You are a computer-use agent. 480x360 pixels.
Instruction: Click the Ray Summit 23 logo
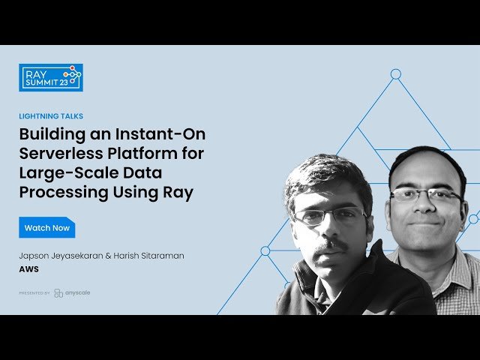click(x=50, y=77)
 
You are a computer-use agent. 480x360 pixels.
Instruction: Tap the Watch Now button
click(x=47, y=227)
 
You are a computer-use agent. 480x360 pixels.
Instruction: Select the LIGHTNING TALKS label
click(x=51, y=116)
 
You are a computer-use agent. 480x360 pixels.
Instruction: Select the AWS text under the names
click(x=29, y=268)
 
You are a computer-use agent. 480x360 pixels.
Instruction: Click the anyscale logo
click(x=72, y=292)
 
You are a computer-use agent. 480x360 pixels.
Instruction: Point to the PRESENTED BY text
click(x=34, y=293)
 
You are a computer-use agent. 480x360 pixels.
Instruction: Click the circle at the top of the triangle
click(x=396, y=73)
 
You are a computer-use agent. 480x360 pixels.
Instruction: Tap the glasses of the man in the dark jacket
click(x=323, y=217)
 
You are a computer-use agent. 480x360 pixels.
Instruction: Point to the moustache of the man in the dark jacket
click(x=331, y=246)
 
